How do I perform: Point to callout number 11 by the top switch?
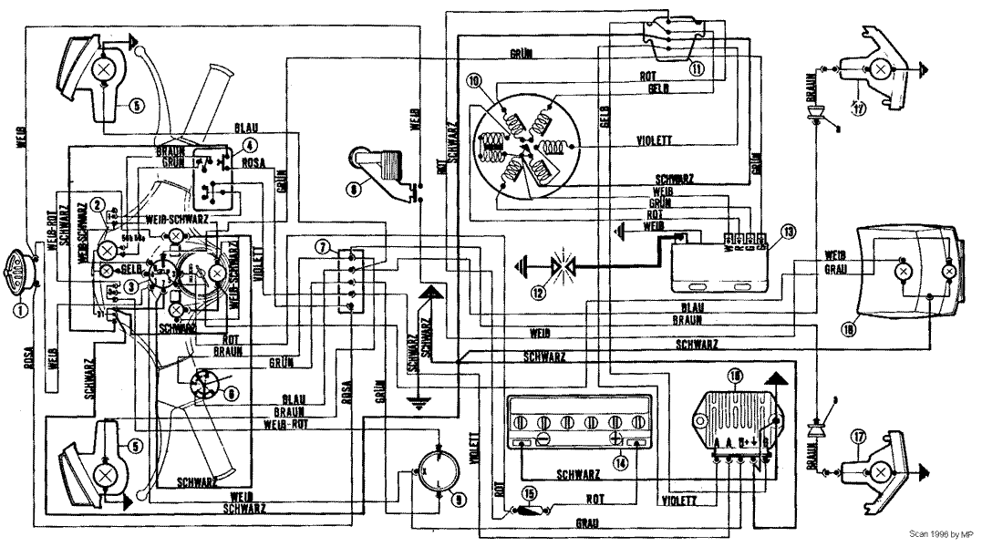click(698, 67)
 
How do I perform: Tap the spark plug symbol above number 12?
click(559, 266)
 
